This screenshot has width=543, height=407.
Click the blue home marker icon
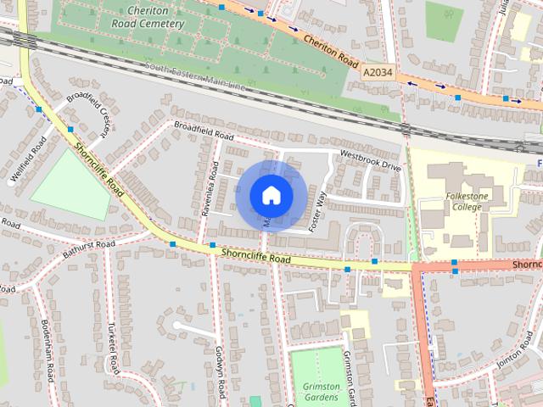click(x=271, y=196)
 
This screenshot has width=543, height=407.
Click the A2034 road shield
click(x=378, y=74)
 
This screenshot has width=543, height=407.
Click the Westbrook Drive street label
click(x=370, y=160)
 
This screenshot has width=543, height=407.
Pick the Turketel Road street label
click(x=112, y=348)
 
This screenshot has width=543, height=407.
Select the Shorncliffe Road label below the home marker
click(x=255, y=254)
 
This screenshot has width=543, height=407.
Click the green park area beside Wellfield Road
click(x=71, y=183)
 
